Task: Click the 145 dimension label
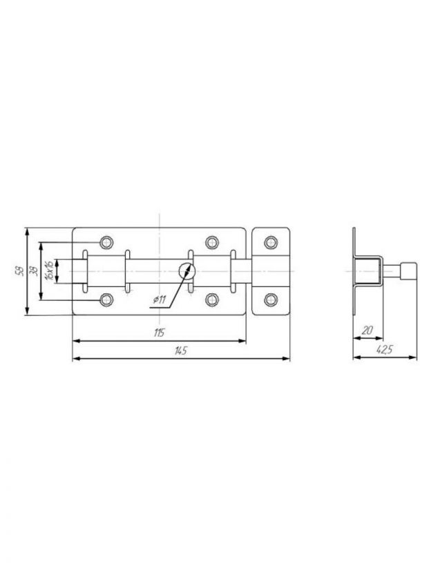point(181,350)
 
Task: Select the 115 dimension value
point(160,333)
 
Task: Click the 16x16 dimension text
point(48,270)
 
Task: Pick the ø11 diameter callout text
point(159,300)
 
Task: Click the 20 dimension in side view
point(367,330)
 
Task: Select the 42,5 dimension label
point(385,350)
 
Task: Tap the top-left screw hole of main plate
point(106,242)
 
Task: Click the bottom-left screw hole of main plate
point(106,300)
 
